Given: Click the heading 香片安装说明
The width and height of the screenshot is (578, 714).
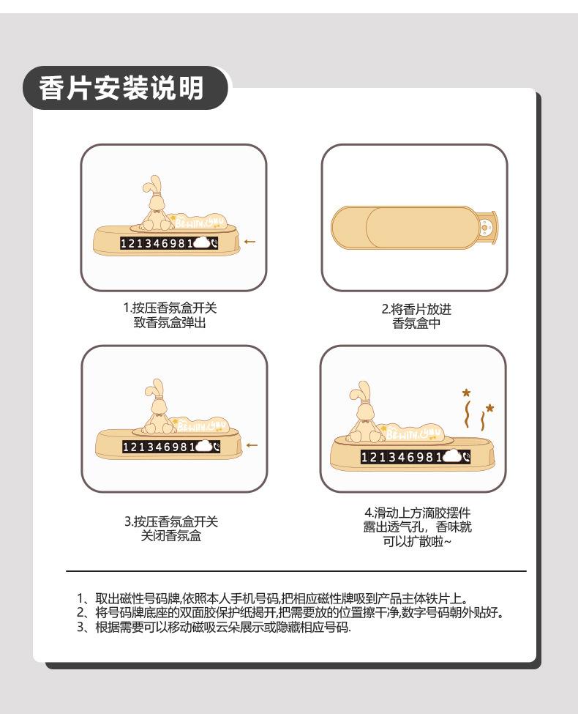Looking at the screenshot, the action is tap(121, 88).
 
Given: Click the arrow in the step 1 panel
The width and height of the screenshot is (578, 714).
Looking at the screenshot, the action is tap(250, 242).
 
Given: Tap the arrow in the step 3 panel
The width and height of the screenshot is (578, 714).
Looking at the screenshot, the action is tap(252, 445).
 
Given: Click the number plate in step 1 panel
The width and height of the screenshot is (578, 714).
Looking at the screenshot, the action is tap(169, 243).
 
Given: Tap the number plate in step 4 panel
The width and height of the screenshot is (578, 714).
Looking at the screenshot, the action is tap(415, 457).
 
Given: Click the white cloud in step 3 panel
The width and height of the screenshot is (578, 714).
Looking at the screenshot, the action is tap(203, 446).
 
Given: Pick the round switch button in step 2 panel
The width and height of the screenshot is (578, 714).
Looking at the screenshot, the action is tap(486, 226).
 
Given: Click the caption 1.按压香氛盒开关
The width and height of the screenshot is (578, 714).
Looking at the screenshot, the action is tap(170, 308).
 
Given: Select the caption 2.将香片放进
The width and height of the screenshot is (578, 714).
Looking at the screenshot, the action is tap(416, 309).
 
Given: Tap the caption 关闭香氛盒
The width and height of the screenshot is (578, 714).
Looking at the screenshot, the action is tap(171, 535).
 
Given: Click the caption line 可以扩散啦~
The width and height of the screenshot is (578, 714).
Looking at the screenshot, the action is tap(417, 541).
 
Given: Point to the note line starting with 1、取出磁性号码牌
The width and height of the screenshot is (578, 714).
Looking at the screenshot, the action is tap(271, 598).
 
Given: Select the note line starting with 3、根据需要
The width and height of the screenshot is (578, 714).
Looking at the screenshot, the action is tap(214, 627).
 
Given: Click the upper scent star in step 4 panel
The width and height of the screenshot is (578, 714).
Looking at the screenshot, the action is tap(467, 393).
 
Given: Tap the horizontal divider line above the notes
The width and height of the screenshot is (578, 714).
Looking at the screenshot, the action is tap(296, 570).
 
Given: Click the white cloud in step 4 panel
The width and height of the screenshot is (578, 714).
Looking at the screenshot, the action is tap(451, 456).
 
